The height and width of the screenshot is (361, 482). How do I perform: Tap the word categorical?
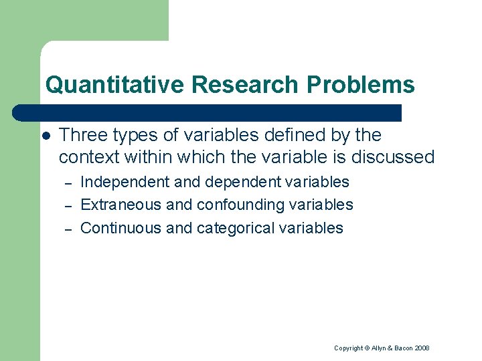(x=234, y=228)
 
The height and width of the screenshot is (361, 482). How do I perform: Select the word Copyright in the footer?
(x=348, y=348)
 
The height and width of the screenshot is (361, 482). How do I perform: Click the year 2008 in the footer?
(x=421, y=348)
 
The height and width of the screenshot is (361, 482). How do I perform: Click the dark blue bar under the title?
(x=208, y=112)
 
